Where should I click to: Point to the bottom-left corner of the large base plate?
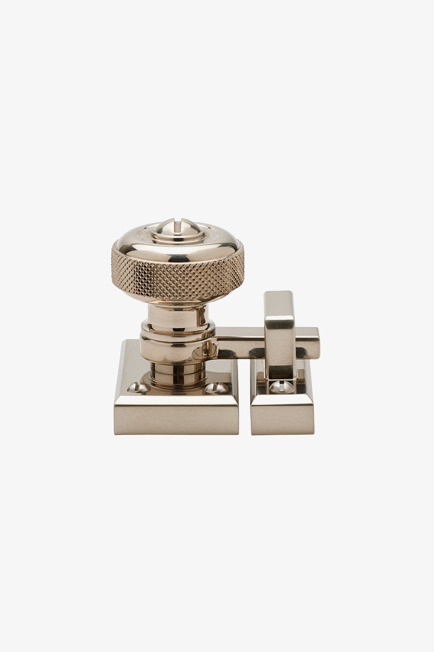tap(116, 433)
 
